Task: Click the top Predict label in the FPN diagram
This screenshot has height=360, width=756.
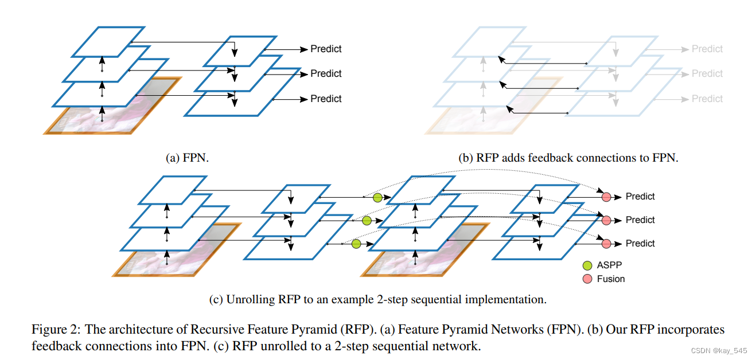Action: [326, 49]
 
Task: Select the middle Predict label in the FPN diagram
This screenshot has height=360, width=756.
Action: [326, 73]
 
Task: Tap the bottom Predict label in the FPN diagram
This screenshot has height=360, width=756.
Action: [326, 99]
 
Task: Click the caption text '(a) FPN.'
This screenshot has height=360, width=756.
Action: [187, 157]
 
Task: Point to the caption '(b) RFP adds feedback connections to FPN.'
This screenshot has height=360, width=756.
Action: [568, 157]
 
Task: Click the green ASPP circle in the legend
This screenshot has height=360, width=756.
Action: [587, 265]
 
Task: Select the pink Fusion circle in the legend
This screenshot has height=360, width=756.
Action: [587, 279]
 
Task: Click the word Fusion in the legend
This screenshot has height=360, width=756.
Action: [611, 279]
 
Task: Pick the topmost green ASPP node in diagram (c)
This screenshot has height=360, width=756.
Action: [377, 198]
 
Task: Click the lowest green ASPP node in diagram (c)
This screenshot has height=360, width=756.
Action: [356, 244]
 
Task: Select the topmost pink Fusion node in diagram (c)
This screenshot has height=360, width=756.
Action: [606, 197]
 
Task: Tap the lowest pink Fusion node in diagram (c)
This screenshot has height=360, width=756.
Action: [606, 244]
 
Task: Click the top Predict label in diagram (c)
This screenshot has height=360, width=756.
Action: [640, 197]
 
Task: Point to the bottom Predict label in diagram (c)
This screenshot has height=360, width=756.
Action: [640, 244]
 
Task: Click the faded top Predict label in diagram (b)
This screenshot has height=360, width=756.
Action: [707, 49]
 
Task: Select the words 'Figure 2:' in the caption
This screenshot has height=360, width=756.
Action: [56, 330]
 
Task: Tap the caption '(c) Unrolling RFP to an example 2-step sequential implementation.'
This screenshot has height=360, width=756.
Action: [377, 299]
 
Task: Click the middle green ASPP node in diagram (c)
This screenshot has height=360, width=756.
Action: [367, 221]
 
